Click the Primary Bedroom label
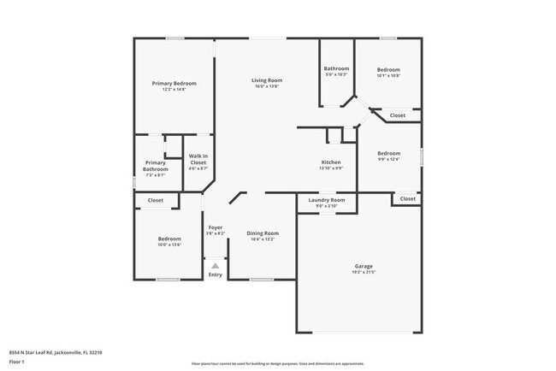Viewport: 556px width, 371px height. [x=174, y=83]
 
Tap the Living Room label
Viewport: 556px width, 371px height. [x=267, y=80]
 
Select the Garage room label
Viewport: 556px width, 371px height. [x=364, y=266]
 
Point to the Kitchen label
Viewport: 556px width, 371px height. [x=331, y=162]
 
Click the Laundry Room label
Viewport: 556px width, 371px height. [x=327, y=200]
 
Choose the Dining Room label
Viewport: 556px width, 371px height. [x=263, y=233]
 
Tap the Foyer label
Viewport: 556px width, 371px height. [x=216, y=227]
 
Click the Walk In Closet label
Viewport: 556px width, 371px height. [x=198, y=159]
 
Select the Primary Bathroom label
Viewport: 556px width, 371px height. [x=156, y=166]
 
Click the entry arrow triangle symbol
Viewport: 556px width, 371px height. [x=216, y=266]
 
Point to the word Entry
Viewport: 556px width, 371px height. [x=216, y=274]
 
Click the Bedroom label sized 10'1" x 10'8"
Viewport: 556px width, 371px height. [x=389, y=69]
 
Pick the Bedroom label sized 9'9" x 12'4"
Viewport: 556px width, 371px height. [x=389, y=153]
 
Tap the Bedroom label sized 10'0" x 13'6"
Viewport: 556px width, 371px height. [x=169, y=238]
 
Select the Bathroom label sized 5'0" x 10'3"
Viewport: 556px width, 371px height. [x=336, y=68]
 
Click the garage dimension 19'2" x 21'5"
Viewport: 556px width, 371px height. [x=364, y=272]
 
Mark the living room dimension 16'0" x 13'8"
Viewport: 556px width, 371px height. [x=267, y=86]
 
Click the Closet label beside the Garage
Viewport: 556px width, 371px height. [x=406, y=199]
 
